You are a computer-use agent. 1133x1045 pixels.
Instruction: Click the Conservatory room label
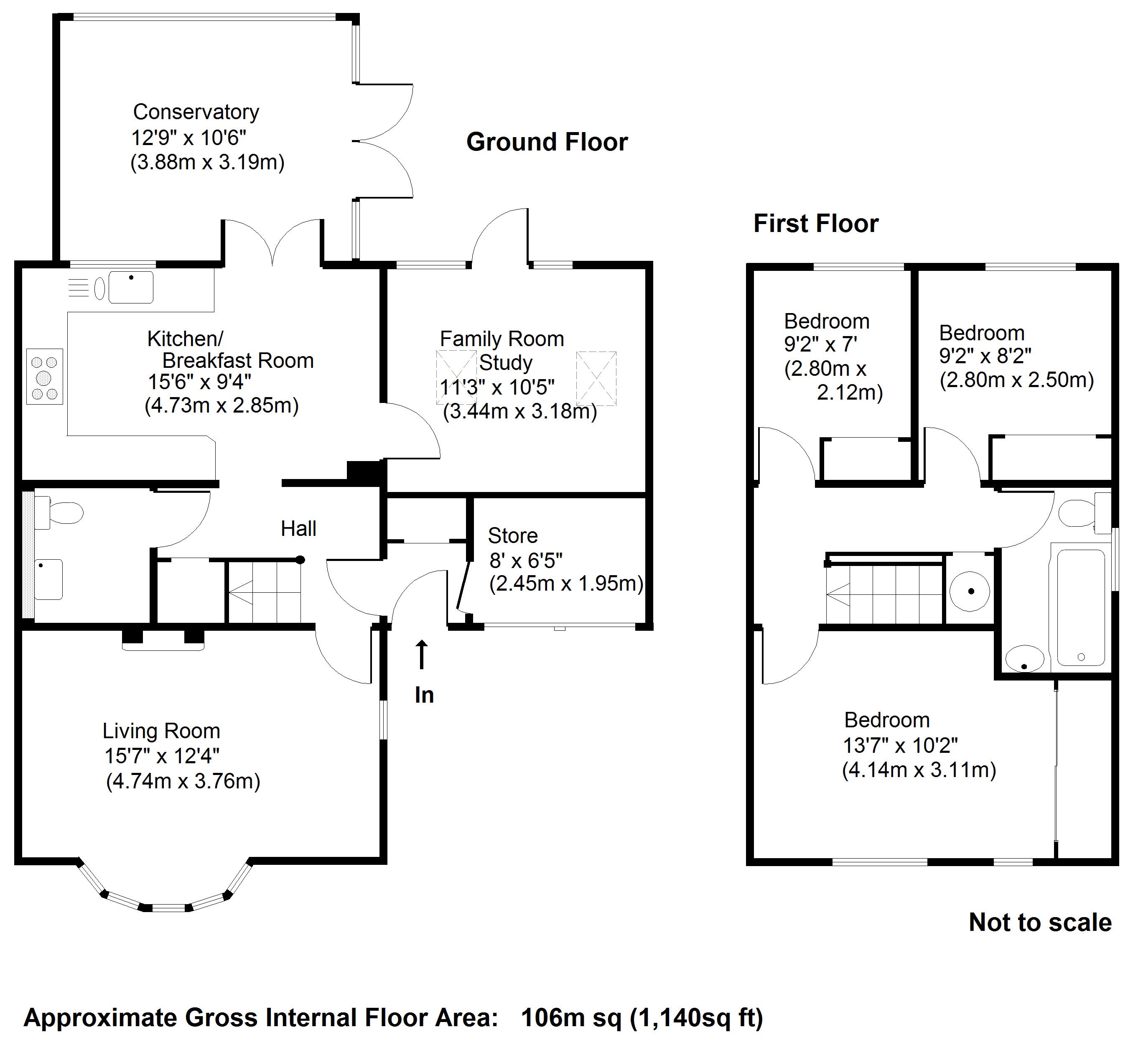coord(196,112)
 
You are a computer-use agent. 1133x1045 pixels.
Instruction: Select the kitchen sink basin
coord(130,287)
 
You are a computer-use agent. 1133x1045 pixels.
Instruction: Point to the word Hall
coord(298,529)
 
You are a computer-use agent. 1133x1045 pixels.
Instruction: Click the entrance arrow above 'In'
coord(421,655)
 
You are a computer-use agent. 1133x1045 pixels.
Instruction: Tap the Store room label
coord(513,535)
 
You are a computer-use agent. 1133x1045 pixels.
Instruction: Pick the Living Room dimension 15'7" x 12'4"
coord(162,756)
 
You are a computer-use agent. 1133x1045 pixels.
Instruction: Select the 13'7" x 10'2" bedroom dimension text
coord(901,745)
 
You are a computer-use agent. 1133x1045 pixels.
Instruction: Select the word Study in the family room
coord(506,362)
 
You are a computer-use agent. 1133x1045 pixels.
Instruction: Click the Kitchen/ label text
coord(186,339)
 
